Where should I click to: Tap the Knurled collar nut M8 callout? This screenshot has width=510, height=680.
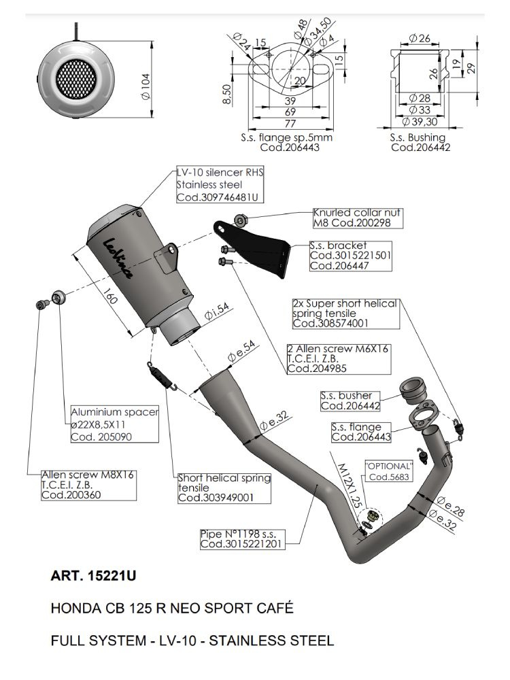pos(357,218)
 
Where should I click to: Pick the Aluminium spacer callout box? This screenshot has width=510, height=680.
pos(115,424)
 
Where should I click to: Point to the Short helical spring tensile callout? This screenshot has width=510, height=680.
pos(224,488)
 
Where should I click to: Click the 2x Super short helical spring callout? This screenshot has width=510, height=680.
pos(344,313)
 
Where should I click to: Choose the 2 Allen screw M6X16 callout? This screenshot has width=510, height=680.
pos(339,358)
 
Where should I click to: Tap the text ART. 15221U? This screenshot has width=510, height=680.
pos(94,576)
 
